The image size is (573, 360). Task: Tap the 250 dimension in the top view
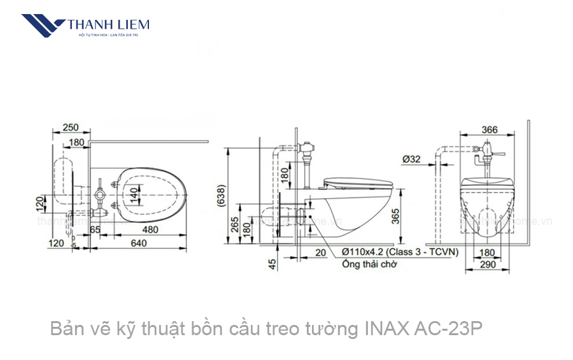[71, 127]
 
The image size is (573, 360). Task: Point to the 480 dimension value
[150, 229]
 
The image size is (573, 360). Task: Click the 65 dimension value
[95, 229]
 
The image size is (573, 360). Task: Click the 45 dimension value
[273, 263]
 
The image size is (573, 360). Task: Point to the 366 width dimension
[489, 129]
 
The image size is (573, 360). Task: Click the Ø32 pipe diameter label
[411, 159]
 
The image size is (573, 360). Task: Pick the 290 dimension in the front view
[488, 264]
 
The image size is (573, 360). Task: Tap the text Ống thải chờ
[369, 264]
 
